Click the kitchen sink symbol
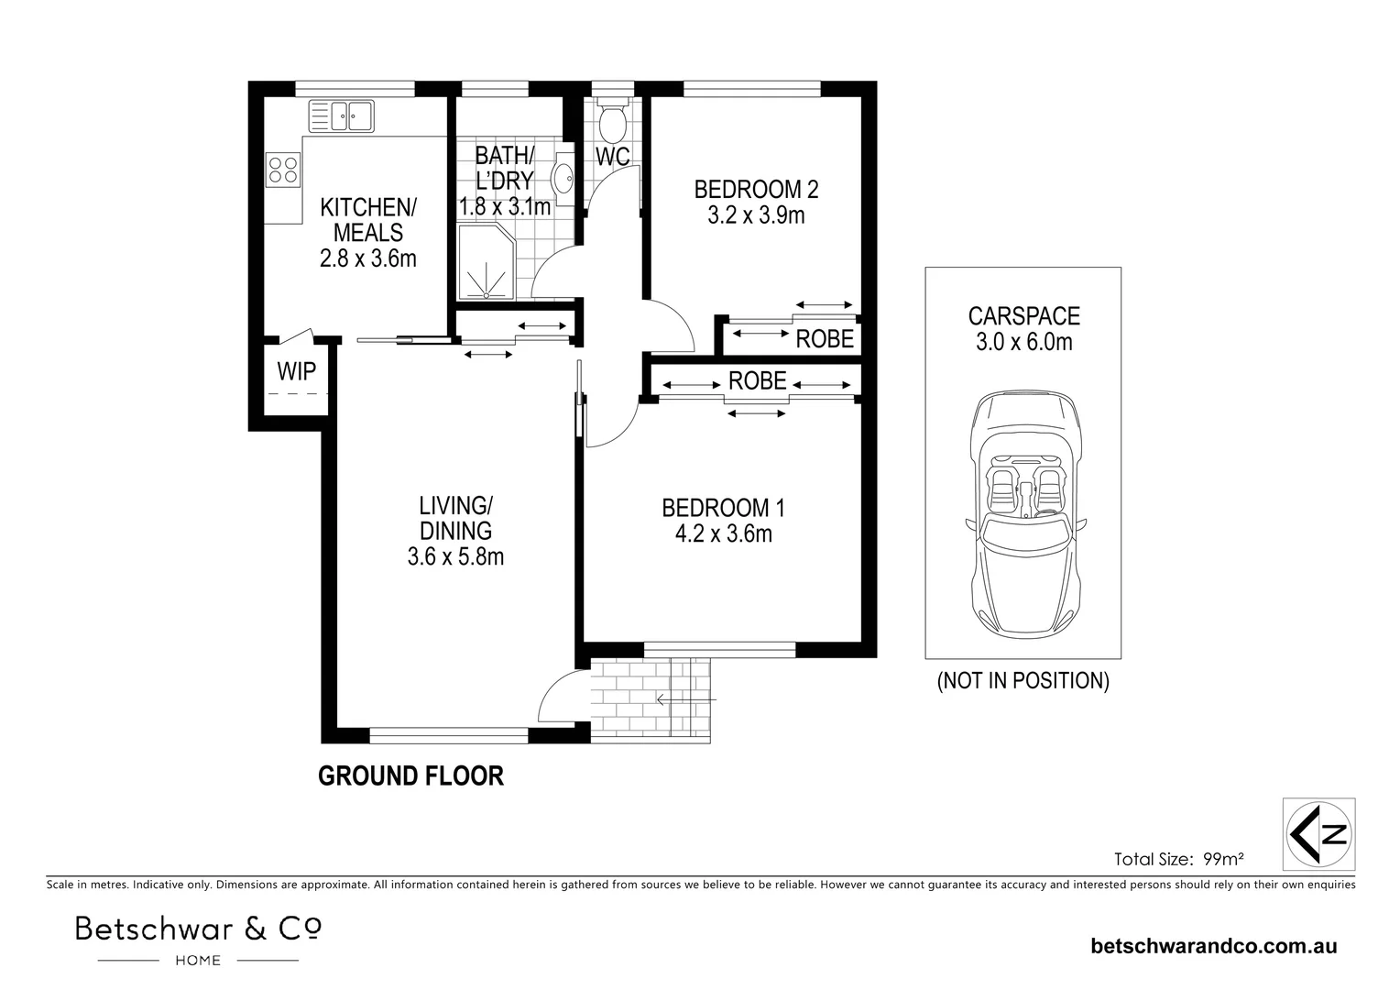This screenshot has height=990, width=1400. coord(342,115)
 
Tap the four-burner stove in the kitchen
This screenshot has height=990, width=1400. coord(283,169)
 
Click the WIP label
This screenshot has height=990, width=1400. coord(297,371)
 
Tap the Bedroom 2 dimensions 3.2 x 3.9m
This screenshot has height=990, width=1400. coord(756,215)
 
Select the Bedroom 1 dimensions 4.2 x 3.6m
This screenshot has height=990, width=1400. coord(723,533)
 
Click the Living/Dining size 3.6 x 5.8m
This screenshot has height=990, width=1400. coord(455,555)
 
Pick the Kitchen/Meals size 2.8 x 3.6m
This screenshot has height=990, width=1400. coord(367,258)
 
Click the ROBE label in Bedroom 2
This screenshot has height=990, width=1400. coord(825,339)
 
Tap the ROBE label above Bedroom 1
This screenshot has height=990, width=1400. coord(758,380)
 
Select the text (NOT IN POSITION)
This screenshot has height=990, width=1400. coord(1023,681)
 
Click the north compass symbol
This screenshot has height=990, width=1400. coord(1319,833)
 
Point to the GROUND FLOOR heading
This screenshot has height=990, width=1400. coord(410,776)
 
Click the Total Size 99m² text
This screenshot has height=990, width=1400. coord(1178,859)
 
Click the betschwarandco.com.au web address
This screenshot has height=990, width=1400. coord(1214,946)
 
